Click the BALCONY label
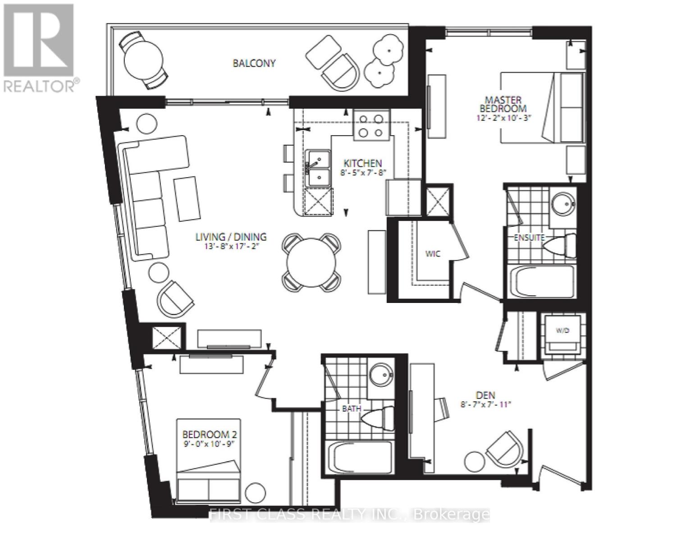(x=254, y=63)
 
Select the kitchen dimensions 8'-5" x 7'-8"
(x=363, y=173)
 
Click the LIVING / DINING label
(x=231, y=237)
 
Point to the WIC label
(x=433, y=254)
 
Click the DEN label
(x=485, y=395)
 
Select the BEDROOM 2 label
(x=210, y=435)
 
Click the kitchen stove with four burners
(x=371, y=125)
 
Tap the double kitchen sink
(x=318, y=168)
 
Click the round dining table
(x=311, y=262)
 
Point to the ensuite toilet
(x=560, y=246)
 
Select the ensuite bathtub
(x=541, y=282)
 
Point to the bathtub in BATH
(x=360, y=458)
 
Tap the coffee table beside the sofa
(x=187, y=199)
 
